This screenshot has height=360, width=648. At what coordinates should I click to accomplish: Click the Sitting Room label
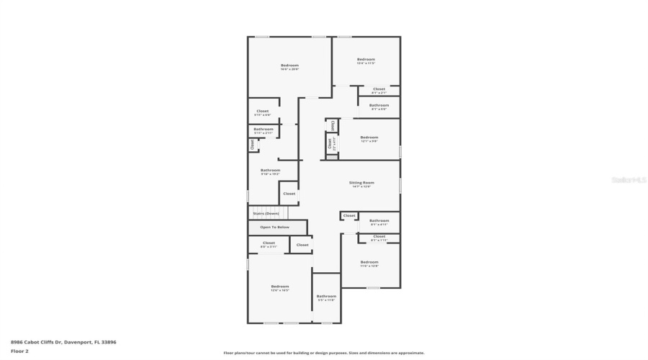tap(362, 183)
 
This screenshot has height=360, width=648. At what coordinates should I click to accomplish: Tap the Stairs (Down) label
tap(266, 213)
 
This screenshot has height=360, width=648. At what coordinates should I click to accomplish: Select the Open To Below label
tap(275, 227)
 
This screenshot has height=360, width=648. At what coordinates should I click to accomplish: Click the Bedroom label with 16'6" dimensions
tap(289, 66)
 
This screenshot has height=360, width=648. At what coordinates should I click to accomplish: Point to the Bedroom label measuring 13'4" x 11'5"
tap(366, 59)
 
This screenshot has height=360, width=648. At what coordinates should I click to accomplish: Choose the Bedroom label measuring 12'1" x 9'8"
tap(369, 137)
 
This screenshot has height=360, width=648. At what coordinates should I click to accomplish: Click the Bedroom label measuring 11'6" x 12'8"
tap(369, 262)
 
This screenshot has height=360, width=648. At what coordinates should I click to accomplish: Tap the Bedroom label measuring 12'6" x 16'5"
tap(279, 287)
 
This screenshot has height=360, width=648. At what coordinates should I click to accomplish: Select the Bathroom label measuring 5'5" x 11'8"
tap(326, 296)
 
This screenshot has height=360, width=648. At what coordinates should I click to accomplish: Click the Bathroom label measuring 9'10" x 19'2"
tap(270, 171)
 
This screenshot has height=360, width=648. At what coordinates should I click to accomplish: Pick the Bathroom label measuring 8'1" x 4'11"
tap(379, 221)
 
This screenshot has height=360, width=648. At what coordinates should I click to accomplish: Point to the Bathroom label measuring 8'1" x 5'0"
tap(379, 105)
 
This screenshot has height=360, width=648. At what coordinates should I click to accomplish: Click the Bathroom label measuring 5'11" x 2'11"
tap(263, 130)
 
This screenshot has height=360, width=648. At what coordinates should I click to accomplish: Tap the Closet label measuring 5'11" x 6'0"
tap(262, 112)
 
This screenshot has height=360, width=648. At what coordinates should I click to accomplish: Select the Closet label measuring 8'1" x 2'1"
tap(379, 89)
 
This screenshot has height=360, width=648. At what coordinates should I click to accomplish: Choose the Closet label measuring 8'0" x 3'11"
tap(269, 243)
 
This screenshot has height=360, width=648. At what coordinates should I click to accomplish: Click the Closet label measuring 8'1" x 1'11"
tap(379, 237)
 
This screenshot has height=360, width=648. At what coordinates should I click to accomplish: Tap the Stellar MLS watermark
tap(629, 180)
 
